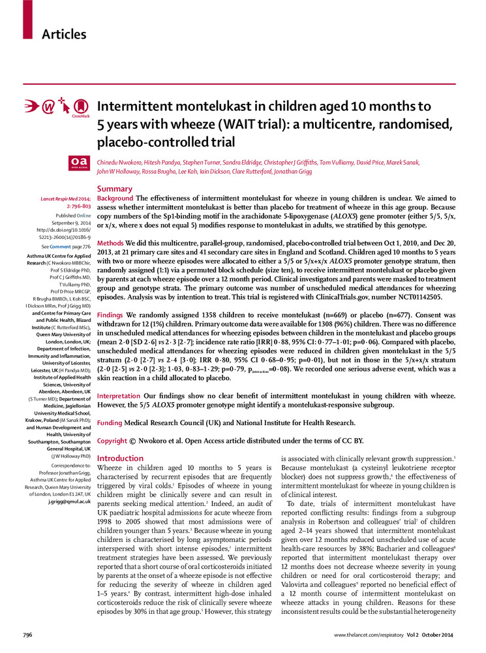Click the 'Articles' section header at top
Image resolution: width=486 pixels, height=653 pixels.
click(x=64, y=34)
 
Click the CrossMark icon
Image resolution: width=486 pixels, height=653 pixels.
click(x=81, y=106)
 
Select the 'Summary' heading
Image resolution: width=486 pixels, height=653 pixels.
click(x=114, y=189)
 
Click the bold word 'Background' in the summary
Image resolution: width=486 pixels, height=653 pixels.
click(x=115, y=198)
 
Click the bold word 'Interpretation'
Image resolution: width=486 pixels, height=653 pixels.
click(x=119, y=396)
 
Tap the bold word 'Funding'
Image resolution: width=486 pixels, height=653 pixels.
click(x=110, y=423)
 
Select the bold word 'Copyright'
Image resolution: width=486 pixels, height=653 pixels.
click(x=113, y=441)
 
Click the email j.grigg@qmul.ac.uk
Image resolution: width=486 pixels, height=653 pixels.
click(x=67, y=501)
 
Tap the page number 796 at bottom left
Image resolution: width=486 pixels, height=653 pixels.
click(x=27, y=635)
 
